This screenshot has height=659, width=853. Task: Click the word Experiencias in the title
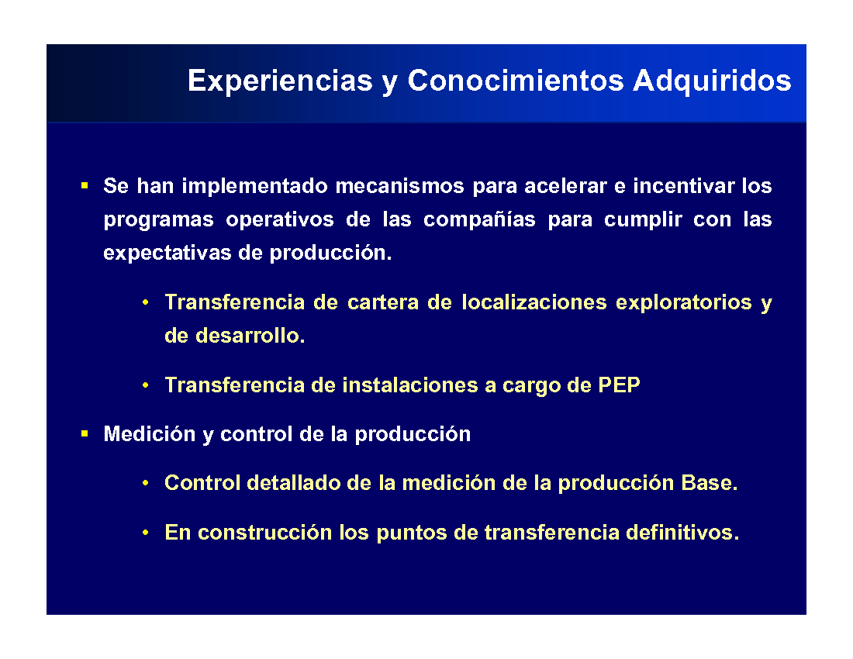pyautogui.click(x=280, y=81)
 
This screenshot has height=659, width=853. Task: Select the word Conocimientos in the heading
pyautogui.click(x=516, y=81)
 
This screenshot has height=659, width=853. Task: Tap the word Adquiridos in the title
pyautogui.click(x=712, y=81)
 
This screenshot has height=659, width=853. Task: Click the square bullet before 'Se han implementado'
pyautogui.click(x=85, y=186)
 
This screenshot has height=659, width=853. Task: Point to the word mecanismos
pyautogui.click(x=400, y=186)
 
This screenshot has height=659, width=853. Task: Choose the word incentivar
pyautogui.click(x=683, y=186)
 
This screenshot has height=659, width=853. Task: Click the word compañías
pyautogui.click(x=479, y=219)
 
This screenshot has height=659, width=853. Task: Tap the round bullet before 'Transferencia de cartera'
pyautogui.click(x=145, y=302)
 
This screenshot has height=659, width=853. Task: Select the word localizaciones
pyautogui.click(x=534, y=302)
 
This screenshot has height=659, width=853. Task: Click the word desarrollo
pyautogui.click(x=250, y=336)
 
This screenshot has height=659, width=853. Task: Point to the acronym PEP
pyautogui.click(x=619, y=385)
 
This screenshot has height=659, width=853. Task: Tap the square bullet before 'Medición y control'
pyautogui.click(x=85, y=434)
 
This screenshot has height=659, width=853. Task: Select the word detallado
pyautogui.click(x=294, y=483)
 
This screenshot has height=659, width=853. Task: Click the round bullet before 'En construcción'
pyautogui.click(x=145, y=533)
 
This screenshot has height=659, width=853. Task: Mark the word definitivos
pyautogui.click(x=682, y=533)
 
